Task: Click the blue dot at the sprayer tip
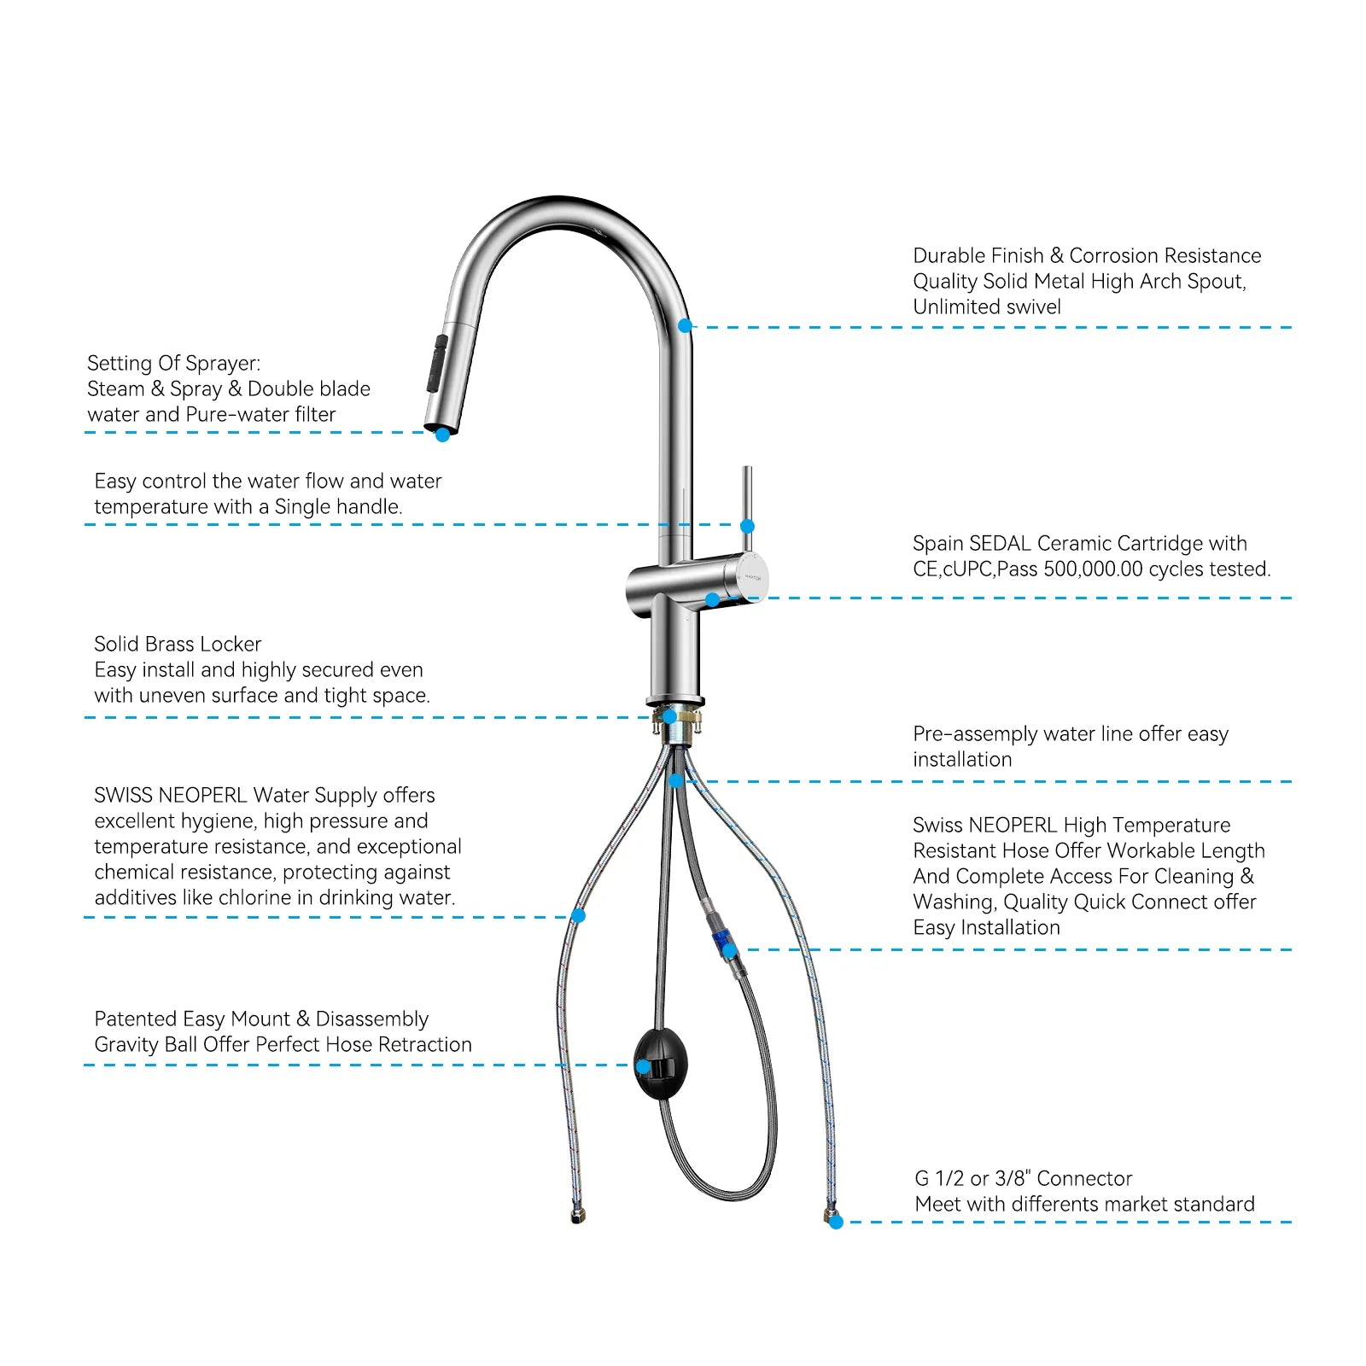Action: (x=442, y=435)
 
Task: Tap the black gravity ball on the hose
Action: (x=661, y=1064)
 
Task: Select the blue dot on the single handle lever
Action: (x=747, y=526)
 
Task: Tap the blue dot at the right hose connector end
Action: (x=836, y=1223)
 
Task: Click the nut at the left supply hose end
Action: (x=578, y=1216)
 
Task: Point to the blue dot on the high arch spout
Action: (x=685, y=325)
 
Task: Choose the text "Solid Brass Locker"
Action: (x=178, y=645)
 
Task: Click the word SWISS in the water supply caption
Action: (x=123, y=796)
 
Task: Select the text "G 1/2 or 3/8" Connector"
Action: (x=1023, y=1179)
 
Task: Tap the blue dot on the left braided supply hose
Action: (x=578, y=916)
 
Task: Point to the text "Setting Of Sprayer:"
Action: (x=173, y=364)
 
